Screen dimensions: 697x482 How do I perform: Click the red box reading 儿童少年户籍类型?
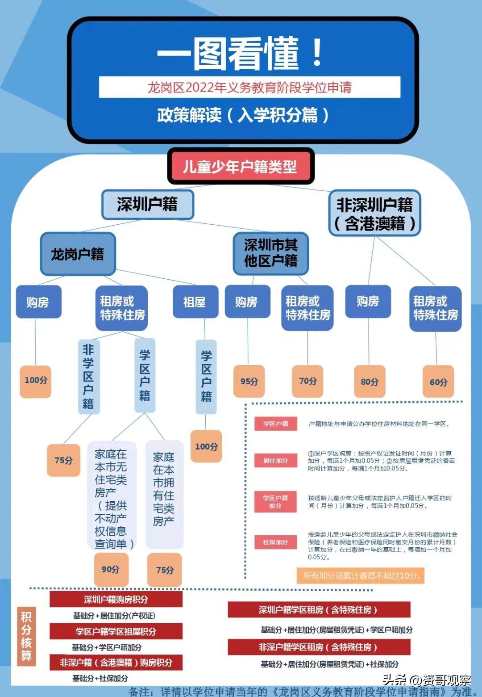tap(241, 167)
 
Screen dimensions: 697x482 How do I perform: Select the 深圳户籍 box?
tap(147, 204)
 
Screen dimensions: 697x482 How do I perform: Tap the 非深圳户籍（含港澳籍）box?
tap(374, 214)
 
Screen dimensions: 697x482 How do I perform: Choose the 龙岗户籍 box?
tap(78, 254)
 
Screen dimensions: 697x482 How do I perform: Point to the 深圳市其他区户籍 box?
tap(270, 253)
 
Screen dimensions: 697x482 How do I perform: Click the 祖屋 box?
tap(195, 302)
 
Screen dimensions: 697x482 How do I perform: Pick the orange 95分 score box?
tap(249, 381)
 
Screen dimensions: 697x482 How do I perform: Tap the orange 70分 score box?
tap(307, 381)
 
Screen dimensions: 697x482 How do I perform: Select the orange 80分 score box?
tap(369, 382)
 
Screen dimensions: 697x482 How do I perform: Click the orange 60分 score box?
tap(438, 382)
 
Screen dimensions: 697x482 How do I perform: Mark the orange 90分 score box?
tap(111, 569)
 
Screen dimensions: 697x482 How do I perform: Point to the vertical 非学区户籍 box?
tap(88, 377)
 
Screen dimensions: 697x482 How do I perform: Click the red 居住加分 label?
tap(275, 461)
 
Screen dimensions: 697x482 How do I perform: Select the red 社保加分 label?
tap(275, 542)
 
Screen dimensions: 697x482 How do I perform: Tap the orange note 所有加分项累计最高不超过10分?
tap(360, 575)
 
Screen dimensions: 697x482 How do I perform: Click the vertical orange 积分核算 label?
tap(26, 636)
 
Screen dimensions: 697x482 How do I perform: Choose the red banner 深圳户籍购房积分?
tap(116, 600)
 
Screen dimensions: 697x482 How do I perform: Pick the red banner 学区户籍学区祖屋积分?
tap(116, 631)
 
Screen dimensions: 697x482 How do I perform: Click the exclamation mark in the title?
tap(317, 53)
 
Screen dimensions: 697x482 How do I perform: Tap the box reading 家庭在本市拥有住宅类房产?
tap(164, 494)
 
